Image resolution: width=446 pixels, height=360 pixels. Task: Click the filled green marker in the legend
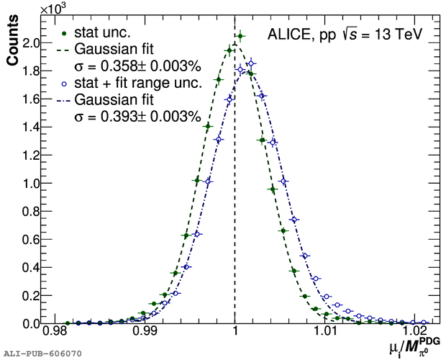(x=66, y=33)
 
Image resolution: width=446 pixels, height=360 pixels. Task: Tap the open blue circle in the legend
(x=66, y=84)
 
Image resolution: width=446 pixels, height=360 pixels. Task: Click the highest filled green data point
(x=240, y=35)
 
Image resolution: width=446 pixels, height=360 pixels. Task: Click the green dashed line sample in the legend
(x=65, y=50)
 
